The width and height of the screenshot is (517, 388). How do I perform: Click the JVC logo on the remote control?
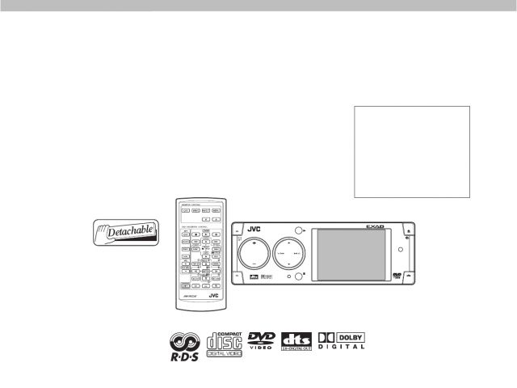[x=213, y=297]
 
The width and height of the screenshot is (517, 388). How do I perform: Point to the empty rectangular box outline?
[x=412, y=150]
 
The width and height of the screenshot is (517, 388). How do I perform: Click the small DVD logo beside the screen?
[x=397, y=275]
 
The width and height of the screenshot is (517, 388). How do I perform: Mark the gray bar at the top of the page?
[x=258, y=6]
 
